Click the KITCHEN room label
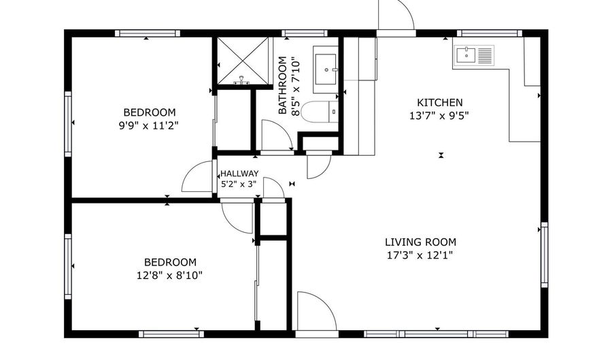tap(439, 102)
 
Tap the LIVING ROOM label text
tap(420, 242)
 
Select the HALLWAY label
tap(239, 174)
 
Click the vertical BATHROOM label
tap(283, 86)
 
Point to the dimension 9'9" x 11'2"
tap(149, 125)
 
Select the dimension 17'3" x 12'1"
tap(420, 255)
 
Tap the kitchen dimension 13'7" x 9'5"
tap(439, 115)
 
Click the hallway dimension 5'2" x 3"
tap(239, 184)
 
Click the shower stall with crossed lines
tap(242, 61)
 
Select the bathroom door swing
tap(275, 136)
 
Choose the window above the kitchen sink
tap(489, 33)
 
